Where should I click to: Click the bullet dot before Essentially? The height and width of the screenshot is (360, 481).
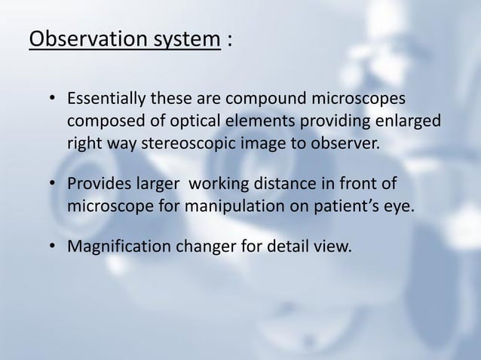click(51, 101)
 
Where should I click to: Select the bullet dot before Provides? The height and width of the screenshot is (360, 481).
click(51, 184)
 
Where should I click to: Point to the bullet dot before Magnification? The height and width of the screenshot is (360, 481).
click(51, 246)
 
